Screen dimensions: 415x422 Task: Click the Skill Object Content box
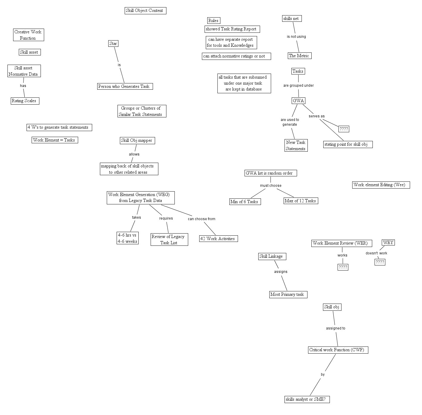[145, 11]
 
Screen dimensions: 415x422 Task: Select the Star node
[113, 43]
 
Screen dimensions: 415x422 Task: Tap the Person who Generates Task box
[125, 86]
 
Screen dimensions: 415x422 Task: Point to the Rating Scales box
[25, 101]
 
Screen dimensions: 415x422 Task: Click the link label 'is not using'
[296, 37]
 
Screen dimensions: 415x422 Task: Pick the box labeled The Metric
[299, 56]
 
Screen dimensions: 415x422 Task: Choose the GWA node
[298, 101]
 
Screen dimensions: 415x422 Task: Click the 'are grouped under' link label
[298, 86]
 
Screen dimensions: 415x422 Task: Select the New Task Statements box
[296, 145]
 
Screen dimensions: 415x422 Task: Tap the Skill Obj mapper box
[137, 140]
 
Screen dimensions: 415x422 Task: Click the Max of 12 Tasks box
[301, 201]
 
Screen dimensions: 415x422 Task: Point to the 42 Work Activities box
[218, 239]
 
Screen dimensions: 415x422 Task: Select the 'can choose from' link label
[201, 219]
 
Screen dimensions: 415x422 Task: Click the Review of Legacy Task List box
[169, 240]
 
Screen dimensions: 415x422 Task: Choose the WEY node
[388, 243]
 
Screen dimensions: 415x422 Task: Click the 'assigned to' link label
[336, 328]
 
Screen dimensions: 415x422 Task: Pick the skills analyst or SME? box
[307, 399]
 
